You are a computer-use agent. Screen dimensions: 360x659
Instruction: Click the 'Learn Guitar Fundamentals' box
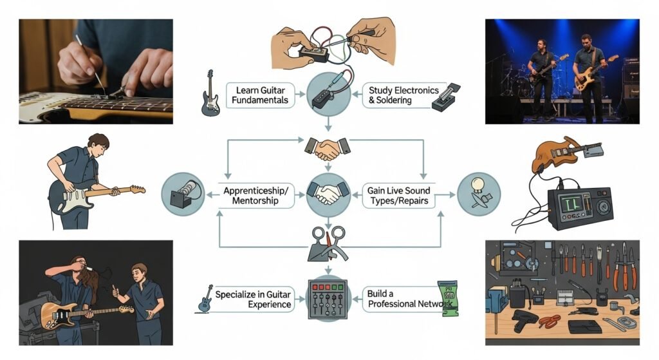pyautogui.click(x=261, y=95)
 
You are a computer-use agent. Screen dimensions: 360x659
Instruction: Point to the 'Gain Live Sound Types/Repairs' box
pyautogui.click(x=398, y=195)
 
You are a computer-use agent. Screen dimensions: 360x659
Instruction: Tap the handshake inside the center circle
pyautogui.click(x=328, y=193)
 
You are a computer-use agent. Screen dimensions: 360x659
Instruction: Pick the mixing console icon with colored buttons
pyautogui.click(x=329, y=298)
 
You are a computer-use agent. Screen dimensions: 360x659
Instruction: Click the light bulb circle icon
pyautogui.click(x=478, y=194)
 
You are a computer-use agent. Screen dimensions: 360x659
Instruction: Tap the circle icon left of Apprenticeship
pyautogui.click(x=182, y=194)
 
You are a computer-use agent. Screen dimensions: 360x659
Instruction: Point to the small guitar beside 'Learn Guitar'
pyautogui.click(x=210, y=94)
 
